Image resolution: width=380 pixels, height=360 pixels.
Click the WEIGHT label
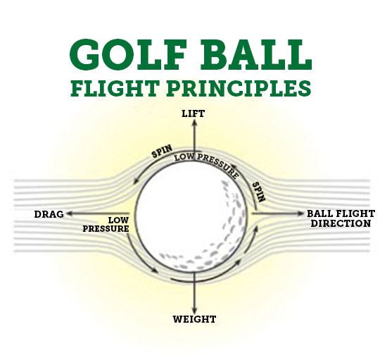pyautogui.click(x=194, y=319)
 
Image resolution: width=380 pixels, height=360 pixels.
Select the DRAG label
pyautogui.click(x=49, y=213)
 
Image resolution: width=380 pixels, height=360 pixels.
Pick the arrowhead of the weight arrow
pyautogui.click(x=193, y=307)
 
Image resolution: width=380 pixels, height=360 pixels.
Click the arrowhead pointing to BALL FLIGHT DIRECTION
pyautogui.click(x=298, y=213)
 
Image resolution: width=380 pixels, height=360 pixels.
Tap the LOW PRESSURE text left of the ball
pyautogui.click(x=106, y=224)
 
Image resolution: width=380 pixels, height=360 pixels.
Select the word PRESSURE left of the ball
pyautogui.click(x=106, y=229)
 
